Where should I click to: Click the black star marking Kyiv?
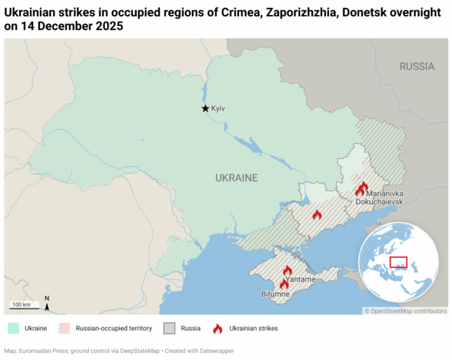pyautogui.click(x=205, y=108)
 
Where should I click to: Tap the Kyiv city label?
pyautogui.click(x=218, y=109)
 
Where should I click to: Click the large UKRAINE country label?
pyautogui.click(x=236, y=177)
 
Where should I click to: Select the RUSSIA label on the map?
pyautogui.click(x=417, y=66)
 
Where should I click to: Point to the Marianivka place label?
pyautogui.click(x=385, y=194)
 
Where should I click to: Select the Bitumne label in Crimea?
pyautogui.click(x=275, y=295)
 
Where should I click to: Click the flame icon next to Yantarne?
pyautogui.click(x=287, y=270)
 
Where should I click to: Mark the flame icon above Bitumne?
pyautogui.click(x=284, y=283)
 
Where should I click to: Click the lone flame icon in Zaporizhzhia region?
pyautogui.click(x=317, y=214)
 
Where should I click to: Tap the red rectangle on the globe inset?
pyautogui.click(x=398, y=262)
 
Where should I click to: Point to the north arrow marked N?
pyautogui.click(x=47, y=302)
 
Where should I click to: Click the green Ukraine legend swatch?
pyautogui.click(x=12, y=328)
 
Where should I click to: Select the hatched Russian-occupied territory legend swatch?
pyautogui.click(x=64, y=328)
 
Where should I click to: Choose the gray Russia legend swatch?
pyautogui.click(x=169, y=328)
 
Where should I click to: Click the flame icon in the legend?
pyautogui.click(x=217, y=328)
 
